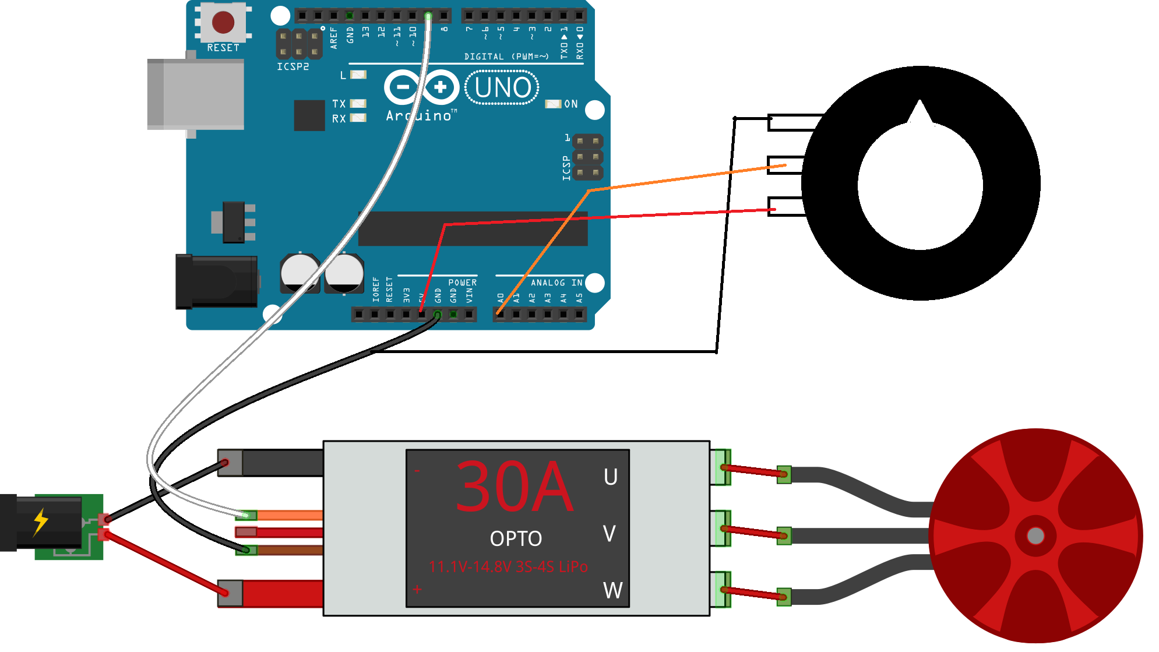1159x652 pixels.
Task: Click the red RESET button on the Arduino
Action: tap(223, 22)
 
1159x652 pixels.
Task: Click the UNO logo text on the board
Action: tap(502, 88)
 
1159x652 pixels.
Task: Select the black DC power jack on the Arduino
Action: tap(217, 281)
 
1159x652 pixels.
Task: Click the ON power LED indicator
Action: tap(552, 104)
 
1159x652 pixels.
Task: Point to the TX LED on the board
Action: tap(358, 104)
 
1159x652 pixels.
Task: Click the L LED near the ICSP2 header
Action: tap(358, 75)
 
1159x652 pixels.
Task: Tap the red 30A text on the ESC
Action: tap(514, 487)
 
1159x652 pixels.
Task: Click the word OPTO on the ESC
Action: tap(516, 539)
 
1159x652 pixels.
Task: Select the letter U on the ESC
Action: tap(610, 477)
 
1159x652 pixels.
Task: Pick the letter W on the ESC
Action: tap(612, 590)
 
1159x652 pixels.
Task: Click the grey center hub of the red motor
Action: tap(1035, 535)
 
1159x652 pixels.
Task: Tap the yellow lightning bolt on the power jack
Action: tap(40, 521)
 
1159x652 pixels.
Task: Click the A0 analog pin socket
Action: tap(500, 315)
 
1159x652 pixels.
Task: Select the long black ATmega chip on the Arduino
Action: tap(472, 228)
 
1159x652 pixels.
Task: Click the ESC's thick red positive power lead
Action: tap(282, 593)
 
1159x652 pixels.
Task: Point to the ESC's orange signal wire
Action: tap(289, 515)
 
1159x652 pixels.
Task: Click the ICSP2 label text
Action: tap(293, 66)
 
